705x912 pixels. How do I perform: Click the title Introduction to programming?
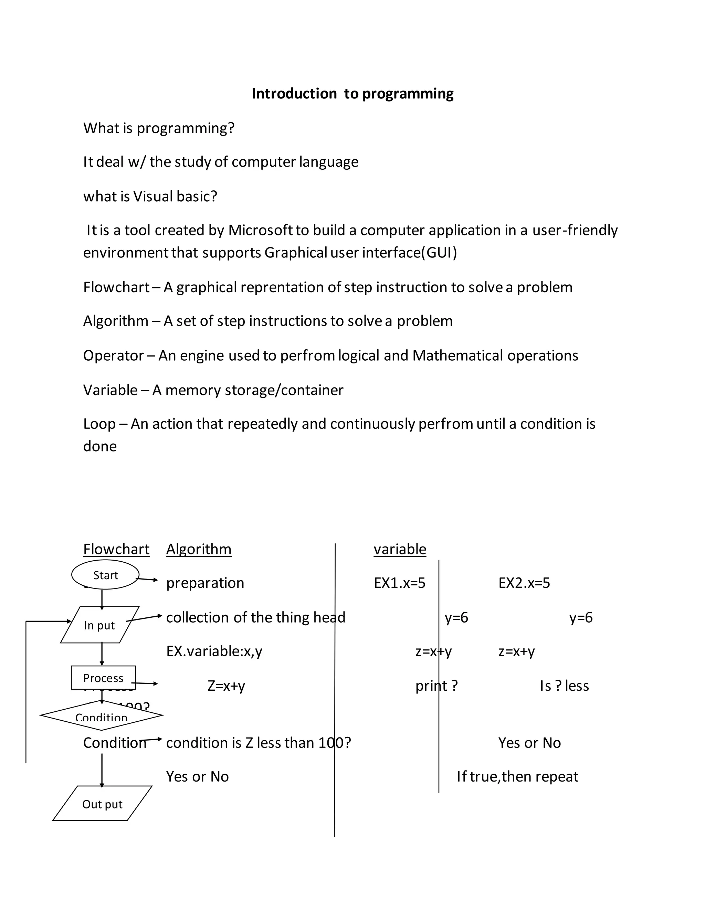pyautogui.click(x=352, y=94)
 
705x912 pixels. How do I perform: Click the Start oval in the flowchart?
pyautogui.click(x=105, y=575)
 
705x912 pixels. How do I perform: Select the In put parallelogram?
pyautogui.click(x=99, y=625)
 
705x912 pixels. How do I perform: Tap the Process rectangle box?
pyautogui.click(x=103, y=677)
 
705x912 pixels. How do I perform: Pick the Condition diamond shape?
pyautogui.click(x=102, y=716)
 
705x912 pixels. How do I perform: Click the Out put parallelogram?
pyautogui.click(x=102, y=804)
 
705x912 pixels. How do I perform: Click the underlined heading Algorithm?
pyautogui.click(x=199, y=549)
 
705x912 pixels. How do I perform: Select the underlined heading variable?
pyautogui.click(x=400, y=549)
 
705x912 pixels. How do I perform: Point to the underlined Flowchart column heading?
pyautogui.click(x=116, y=549)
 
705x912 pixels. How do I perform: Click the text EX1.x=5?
pyautogui.click(x=399, y=583)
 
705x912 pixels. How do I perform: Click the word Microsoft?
pyautogui.click(x=260, y=230)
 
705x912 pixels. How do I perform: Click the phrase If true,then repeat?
pyautogui.click(x=517, y=777)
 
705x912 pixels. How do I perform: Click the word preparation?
pyautogui.click(x=205, y=583)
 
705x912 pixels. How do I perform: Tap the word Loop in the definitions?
pyautogui.click(x=99, y=424)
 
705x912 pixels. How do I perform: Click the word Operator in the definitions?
pyautogui.click(x=113, y=356)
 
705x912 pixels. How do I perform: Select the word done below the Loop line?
pyautogui.click(x=100, y=446)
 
